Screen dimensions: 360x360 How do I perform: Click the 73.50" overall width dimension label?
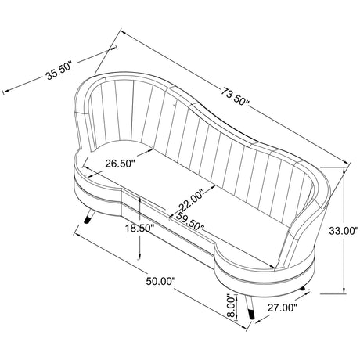coord(236,96)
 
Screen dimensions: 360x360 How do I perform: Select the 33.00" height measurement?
coord(342,231)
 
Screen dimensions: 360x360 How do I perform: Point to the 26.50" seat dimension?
coord(120,164)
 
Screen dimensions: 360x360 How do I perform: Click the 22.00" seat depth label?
coord(191,200)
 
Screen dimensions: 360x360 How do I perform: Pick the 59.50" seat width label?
coord(189,221)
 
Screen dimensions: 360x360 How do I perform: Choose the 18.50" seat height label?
coord(140,229)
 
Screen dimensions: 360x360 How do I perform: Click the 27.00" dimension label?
coord(283,308)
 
